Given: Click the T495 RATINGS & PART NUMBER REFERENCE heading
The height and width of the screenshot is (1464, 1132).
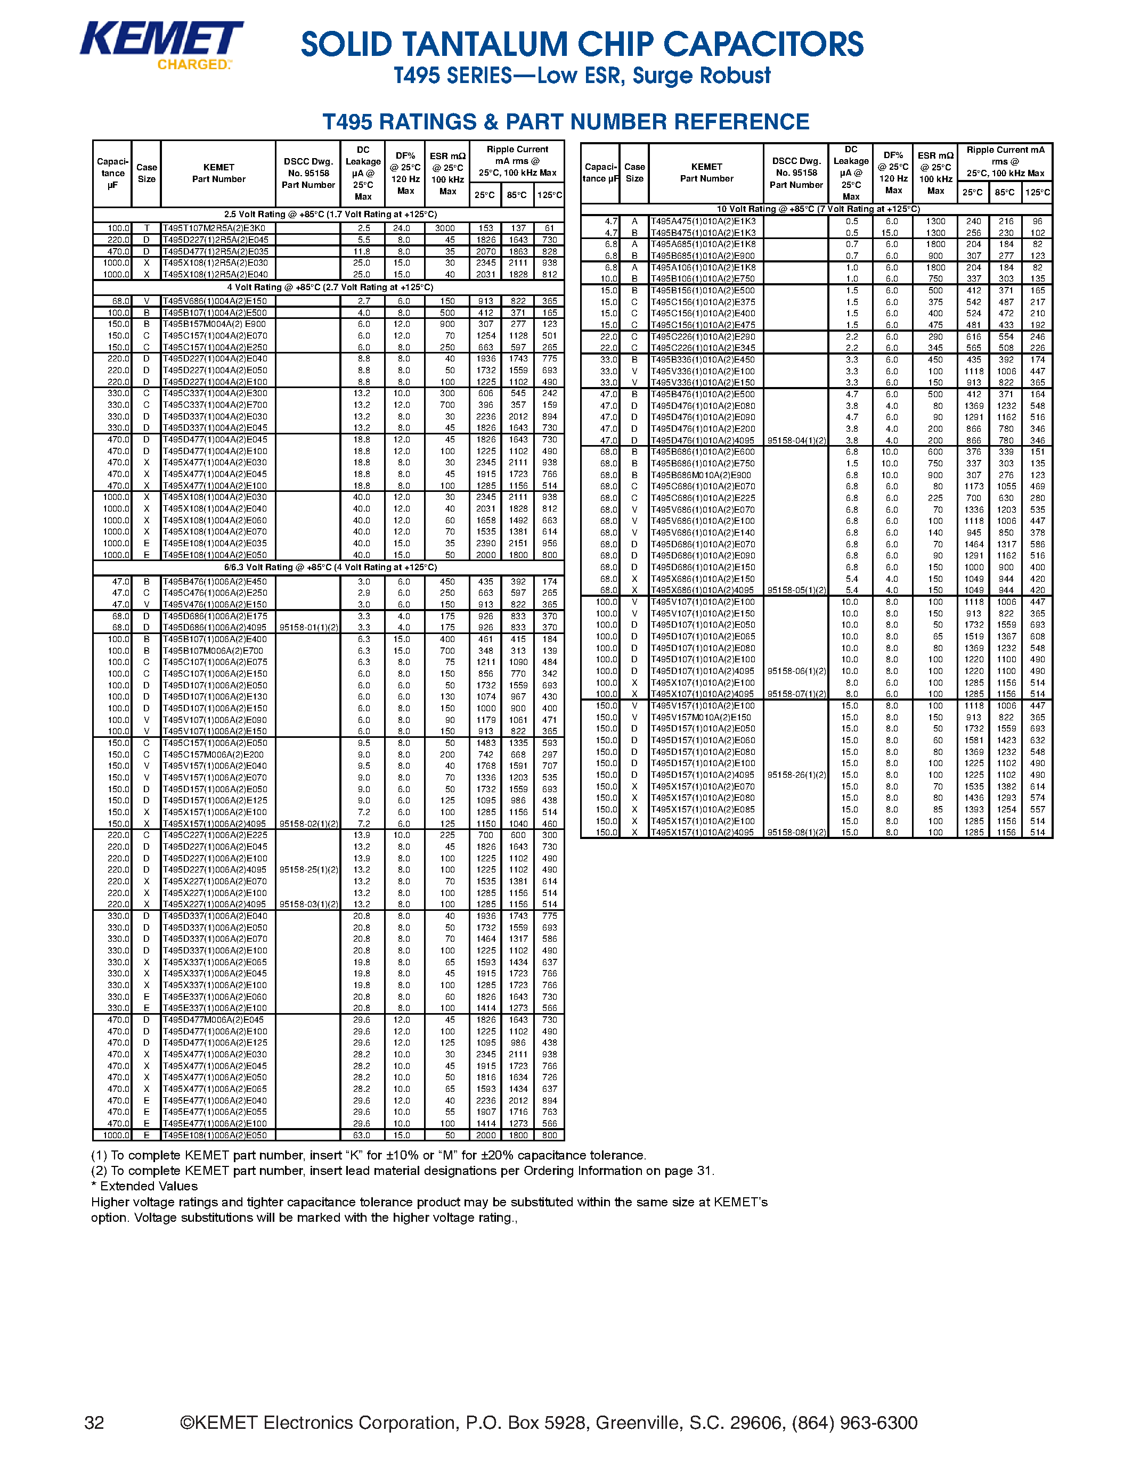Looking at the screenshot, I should [x=565, y=122].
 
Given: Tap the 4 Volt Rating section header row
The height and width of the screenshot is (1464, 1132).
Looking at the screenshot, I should [x=329, y=287].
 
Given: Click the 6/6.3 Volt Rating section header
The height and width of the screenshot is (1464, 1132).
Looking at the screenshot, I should [x=329, y=567].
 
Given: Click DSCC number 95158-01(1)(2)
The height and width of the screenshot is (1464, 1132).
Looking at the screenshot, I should [x=308, y=628].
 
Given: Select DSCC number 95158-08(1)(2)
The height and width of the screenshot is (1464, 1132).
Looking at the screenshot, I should [x=796, y=833].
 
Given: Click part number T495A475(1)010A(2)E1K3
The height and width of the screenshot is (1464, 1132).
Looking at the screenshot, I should [x=703, y=221].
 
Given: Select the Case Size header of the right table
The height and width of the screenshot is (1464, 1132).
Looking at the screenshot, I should [x=634, y=173].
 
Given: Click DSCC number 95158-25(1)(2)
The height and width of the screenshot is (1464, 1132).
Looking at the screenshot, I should [x=308, y=870].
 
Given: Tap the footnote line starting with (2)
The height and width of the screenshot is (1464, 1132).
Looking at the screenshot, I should [x=402, y=1170].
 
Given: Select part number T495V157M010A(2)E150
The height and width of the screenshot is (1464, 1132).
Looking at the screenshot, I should [x=701, y=717].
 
